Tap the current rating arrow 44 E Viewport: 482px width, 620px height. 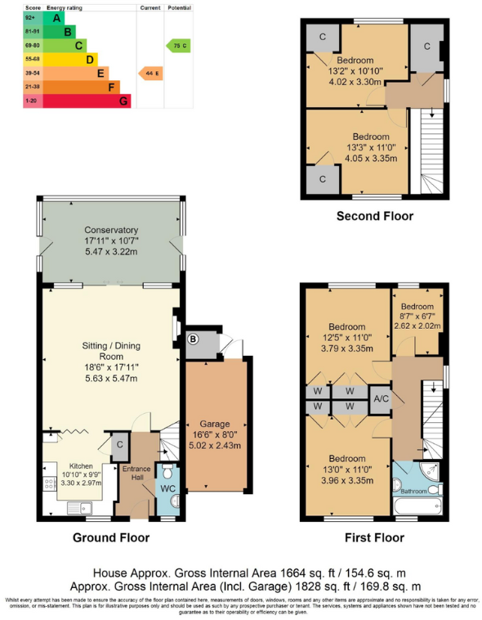pos(150,73)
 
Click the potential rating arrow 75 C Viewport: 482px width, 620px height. pos(178,45)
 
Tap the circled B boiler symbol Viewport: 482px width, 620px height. pos(194,339)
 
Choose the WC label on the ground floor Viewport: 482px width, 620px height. pos(167,488)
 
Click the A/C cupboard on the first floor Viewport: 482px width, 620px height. pos(379,398)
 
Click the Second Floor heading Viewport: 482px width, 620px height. pos(374,216)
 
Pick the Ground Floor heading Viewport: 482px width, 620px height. pos(110,537)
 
